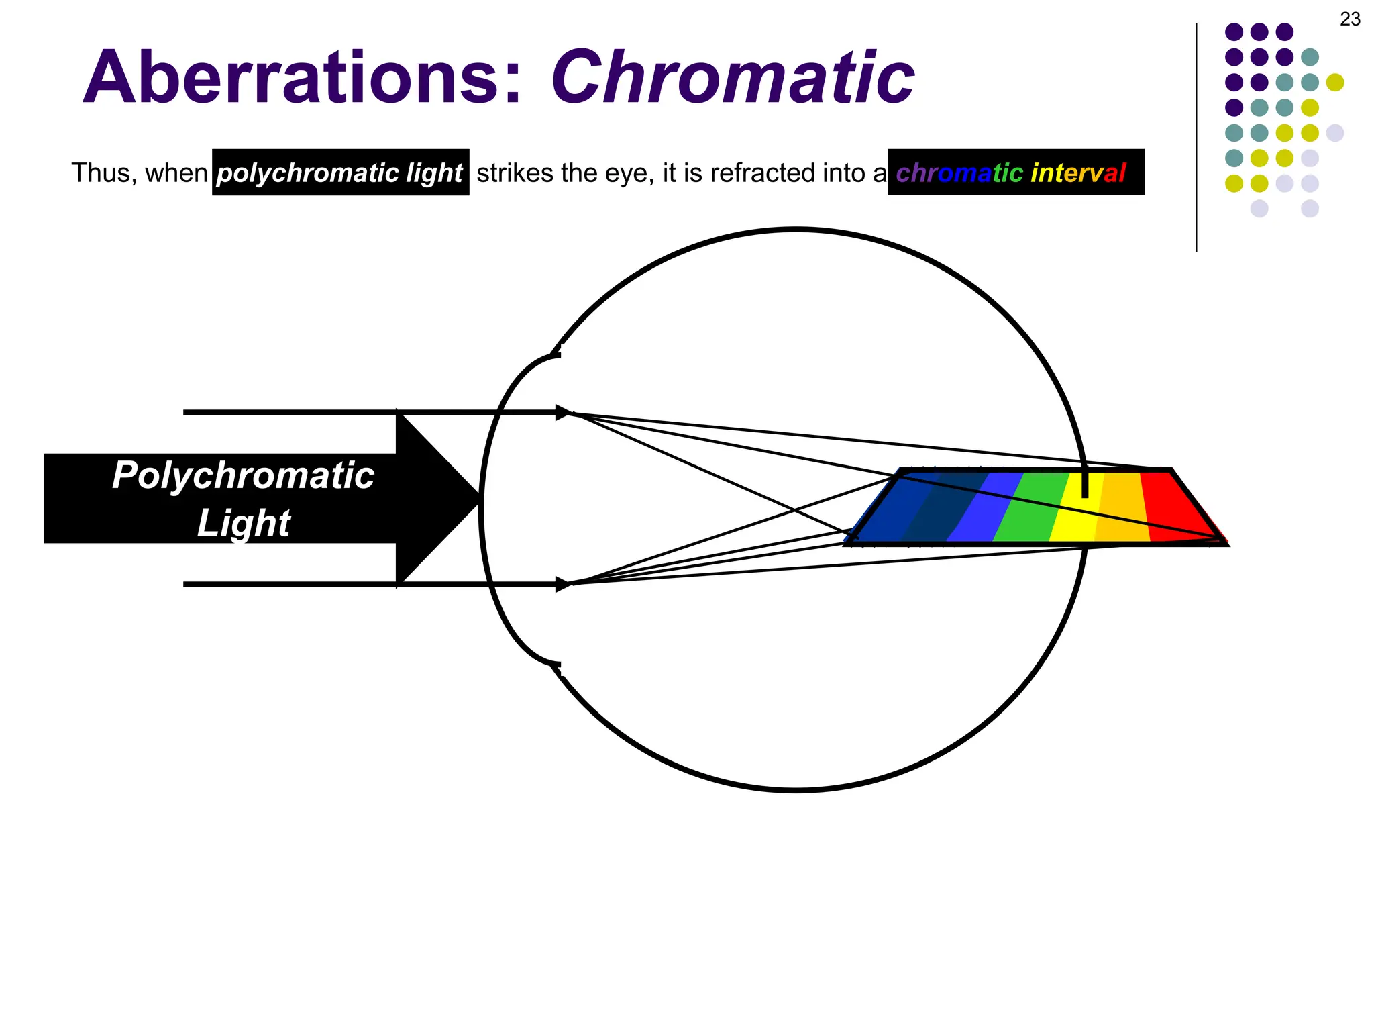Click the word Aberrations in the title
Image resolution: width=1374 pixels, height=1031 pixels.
[x=302, y=78]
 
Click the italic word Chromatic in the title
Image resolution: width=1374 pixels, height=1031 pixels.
[x=733, y=78]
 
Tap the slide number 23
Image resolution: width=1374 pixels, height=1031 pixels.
[x=1350, y=19]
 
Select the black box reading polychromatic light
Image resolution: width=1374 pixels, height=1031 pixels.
[x=340, y=173]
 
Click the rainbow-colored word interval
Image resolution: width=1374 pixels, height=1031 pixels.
[x=1078, y=173]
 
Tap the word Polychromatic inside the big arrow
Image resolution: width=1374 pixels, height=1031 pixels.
[x=243, y=475]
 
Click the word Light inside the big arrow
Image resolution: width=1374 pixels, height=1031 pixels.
[x=243, y=523]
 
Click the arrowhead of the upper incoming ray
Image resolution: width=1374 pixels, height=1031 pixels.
[x=564, y=413]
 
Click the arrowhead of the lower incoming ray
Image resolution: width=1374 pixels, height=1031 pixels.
[x=564, y=585]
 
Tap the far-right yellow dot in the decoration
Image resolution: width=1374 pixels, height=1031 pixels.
[x=1335, y=83]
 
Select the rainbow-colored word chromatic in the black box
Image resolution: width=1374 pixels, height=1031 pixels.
[x=959, y=173]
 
